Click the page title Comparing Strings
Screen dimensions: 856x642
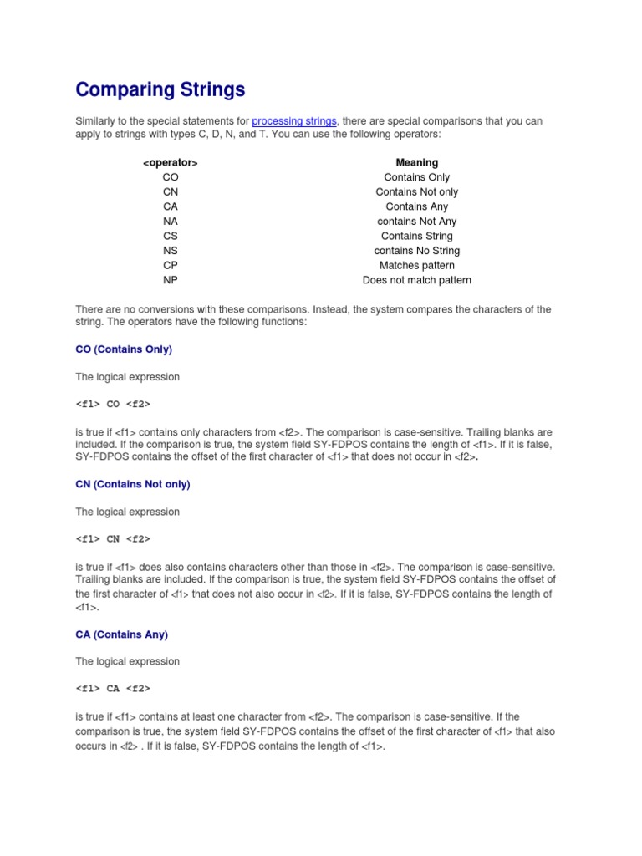(x=160, y=89)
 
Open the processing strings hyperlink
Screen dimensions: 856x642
(x=294, y=121)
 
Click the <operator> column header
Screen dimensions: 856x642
(x=171, y=162)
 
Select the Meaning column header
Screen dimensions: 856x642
(x=416, y=162)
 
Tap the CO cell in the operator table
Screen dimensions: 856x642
(x=171, y=177)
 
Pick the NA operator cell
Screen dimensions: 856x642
(x=171, y=222)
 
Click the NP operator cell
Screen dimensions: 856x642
(x=171, y=280)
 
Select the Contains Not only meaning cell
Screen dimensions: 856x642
(x=416, y=192)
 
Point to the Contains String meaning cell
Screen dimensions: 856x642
(x=416, y=236)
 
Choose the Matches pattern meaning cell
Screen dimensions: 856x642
(x=416, y=265)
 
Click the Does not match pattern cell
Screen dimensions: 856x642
(x=416, y=280)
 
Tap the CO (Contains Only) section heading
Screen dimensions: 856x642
(x=124, y=349)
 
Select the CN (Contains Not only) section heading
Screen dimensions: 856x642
(x=133, y=484)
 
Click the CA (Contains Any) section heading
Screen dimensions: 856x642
(x=122, y=634)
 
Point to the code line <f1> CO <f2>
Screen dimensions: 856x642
(x=113, y=405)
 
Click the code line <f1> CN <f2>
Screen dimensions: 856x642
(x=113, y=539)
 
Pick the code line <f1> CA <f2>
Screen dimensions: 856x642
(x=113, y=689)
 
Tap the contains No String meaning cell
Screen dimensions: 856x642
(x=416, y=251)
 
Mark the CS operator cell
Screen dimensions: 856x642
(x=171, y=236)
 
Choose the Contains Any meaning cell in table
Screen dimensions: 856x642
(x=416, y=206)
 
